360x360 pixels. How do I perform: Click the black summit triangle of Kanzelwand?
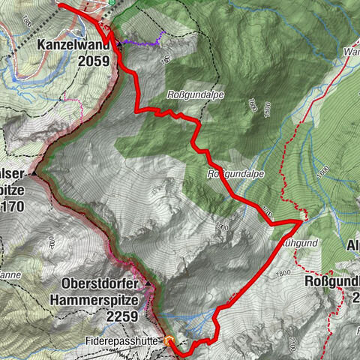[120, 45]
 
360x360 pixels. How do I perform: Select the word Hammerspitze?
[102, 301]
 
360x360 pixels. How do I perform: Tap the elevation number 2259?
[121, 316]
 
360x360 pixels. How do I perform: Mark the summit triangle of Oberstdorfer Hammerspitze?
[148, 284]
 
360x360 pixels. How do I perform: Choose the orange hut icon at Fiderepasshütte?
[169, 340]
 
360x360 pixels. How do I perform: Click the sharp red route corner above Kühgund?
[300, 221]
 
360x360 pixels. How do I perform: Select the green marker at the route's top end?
[112, 2]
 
